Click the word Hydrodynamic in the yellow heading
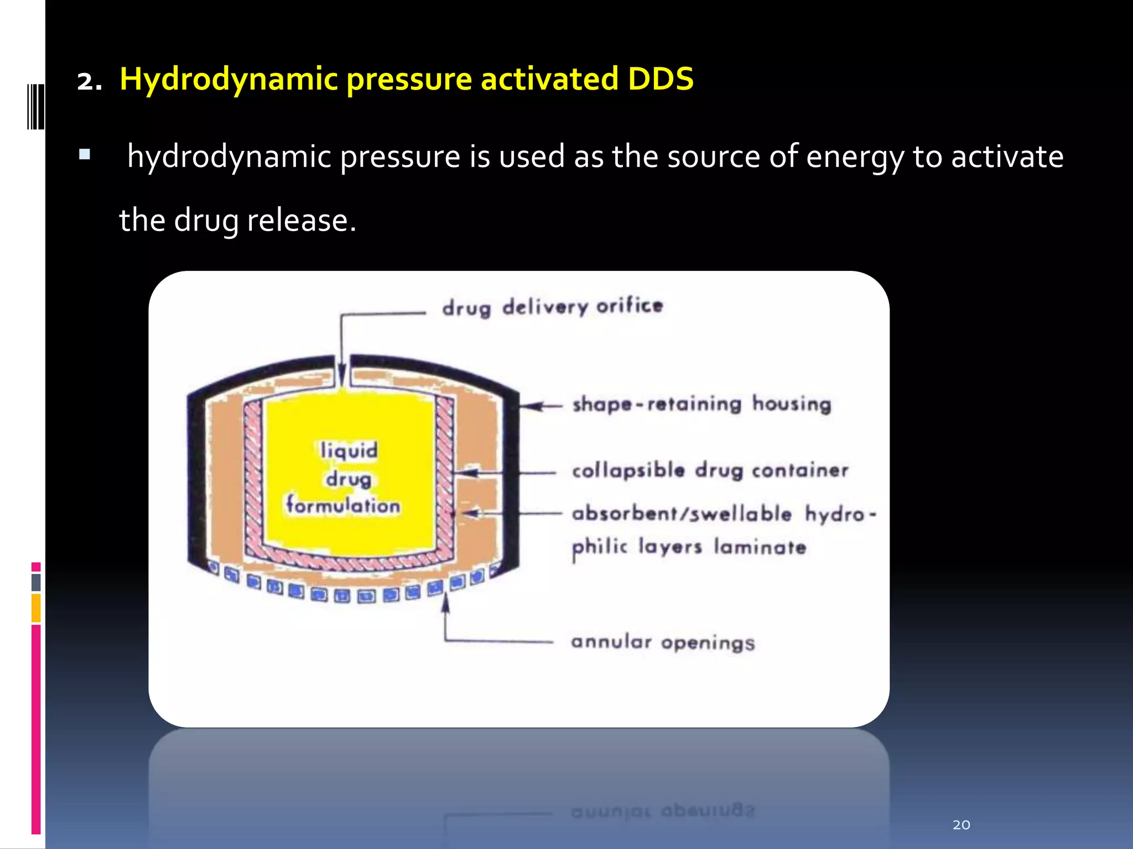pyautogui.click(x=228, y=79)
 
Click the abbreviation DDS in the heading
pyautogui.click(x=660, y=79)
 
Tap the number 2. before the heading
pyautogui.click(x=89, y=82)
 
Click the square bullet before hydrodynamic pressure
pyautogui.click(x=85, y=154)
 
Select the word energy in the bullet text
pyautogui.click(x=855, y=157)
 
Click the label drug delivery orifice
pyautogui.click(x=552, y=307)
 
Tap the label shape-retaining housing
pyautogui.click(x=701, y=404)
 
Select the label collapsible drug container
pyautogui.click(x=710, y=470)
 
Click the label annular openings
pyautogui.click(x=663, y=642)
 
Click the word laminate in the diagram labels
pyautogui.click(x=760, y=547)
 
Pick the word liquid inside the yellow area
pyautogui.click(x=349, y=450)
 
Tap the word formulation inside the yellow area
pyautogui.click(x=343, y=505)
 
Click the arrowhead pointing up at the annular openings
pyautogui.click(x=445, y=602)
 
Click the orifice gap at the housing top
pyautogui.click(x=342, y=370)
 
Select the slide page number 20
pyautogui.click(x=961, y=825)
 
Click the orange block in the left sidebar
pyautogui.click(x=36, y=607)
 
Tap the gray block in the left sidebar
pyautogui.click(x=36, y=582)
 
